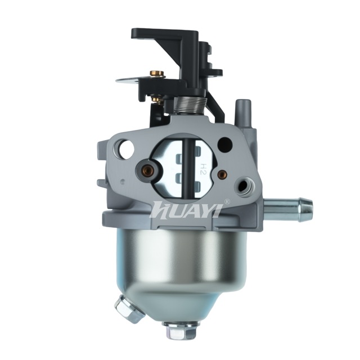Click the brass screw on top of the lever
(157, 74)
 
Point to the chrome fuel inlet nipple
(289, 210)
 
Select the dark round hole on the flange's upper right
(225, 144)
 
